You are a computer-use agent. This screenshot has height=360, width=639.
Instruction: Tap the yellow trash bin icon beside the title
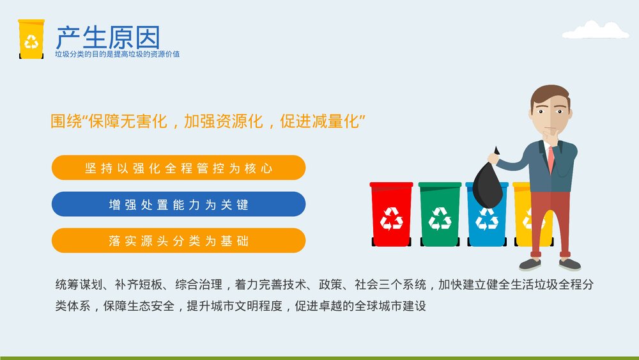coord(31,40)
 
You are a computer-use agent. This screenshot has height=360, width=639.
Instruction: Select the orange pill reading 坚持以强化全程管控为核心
coord(178,168)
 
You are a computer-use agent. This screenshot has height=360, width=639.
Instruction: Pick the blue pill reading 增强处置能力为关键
coord(178,205)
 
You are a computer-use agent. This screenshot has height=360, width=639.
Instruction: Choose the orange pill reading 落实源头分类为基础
coord(178,241)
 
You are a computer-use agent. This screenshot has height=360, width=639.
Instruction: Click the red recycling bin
coord(391,215)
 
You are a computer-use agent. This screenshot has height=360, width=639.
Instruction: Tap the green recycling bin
coord(440,215)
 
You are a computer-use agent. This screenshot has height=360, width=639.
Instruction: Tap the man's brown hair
coord(550,95)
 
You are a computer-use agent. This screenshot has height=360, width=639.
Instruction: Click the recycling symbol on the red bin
coord(391,219)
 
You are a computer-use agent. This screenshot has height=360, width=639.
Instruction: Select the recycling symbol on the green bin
coord(440,219)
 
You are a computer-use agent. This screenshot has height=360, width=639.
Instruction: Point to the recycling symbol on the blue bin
coord(487,219)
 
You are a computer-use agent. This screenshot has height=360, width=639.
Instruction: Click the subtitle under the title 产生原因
coord(117,54)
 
